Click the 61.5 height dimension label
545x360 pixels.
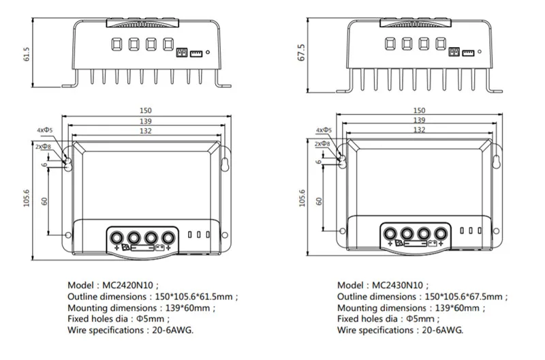(x=27, y=55)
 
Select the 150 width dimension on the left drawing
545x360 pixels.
(x=145, y=110)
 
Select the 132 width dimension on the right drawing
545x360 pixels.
(x=419, y=130)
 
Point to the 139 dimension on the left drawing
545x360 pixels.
(x=145, y=120)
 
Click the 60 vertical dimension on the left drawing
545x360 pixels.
(x=46, y=201)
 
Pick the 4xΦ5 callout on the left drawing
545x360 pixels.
(x=45, y=130)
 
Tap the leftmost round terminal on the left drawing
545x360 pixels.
(x=117, y=237)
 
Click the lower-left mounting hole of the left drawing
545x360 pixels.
(x=67, y=236)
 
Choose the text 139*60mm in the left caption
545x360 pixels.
(x=178, y=308)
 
